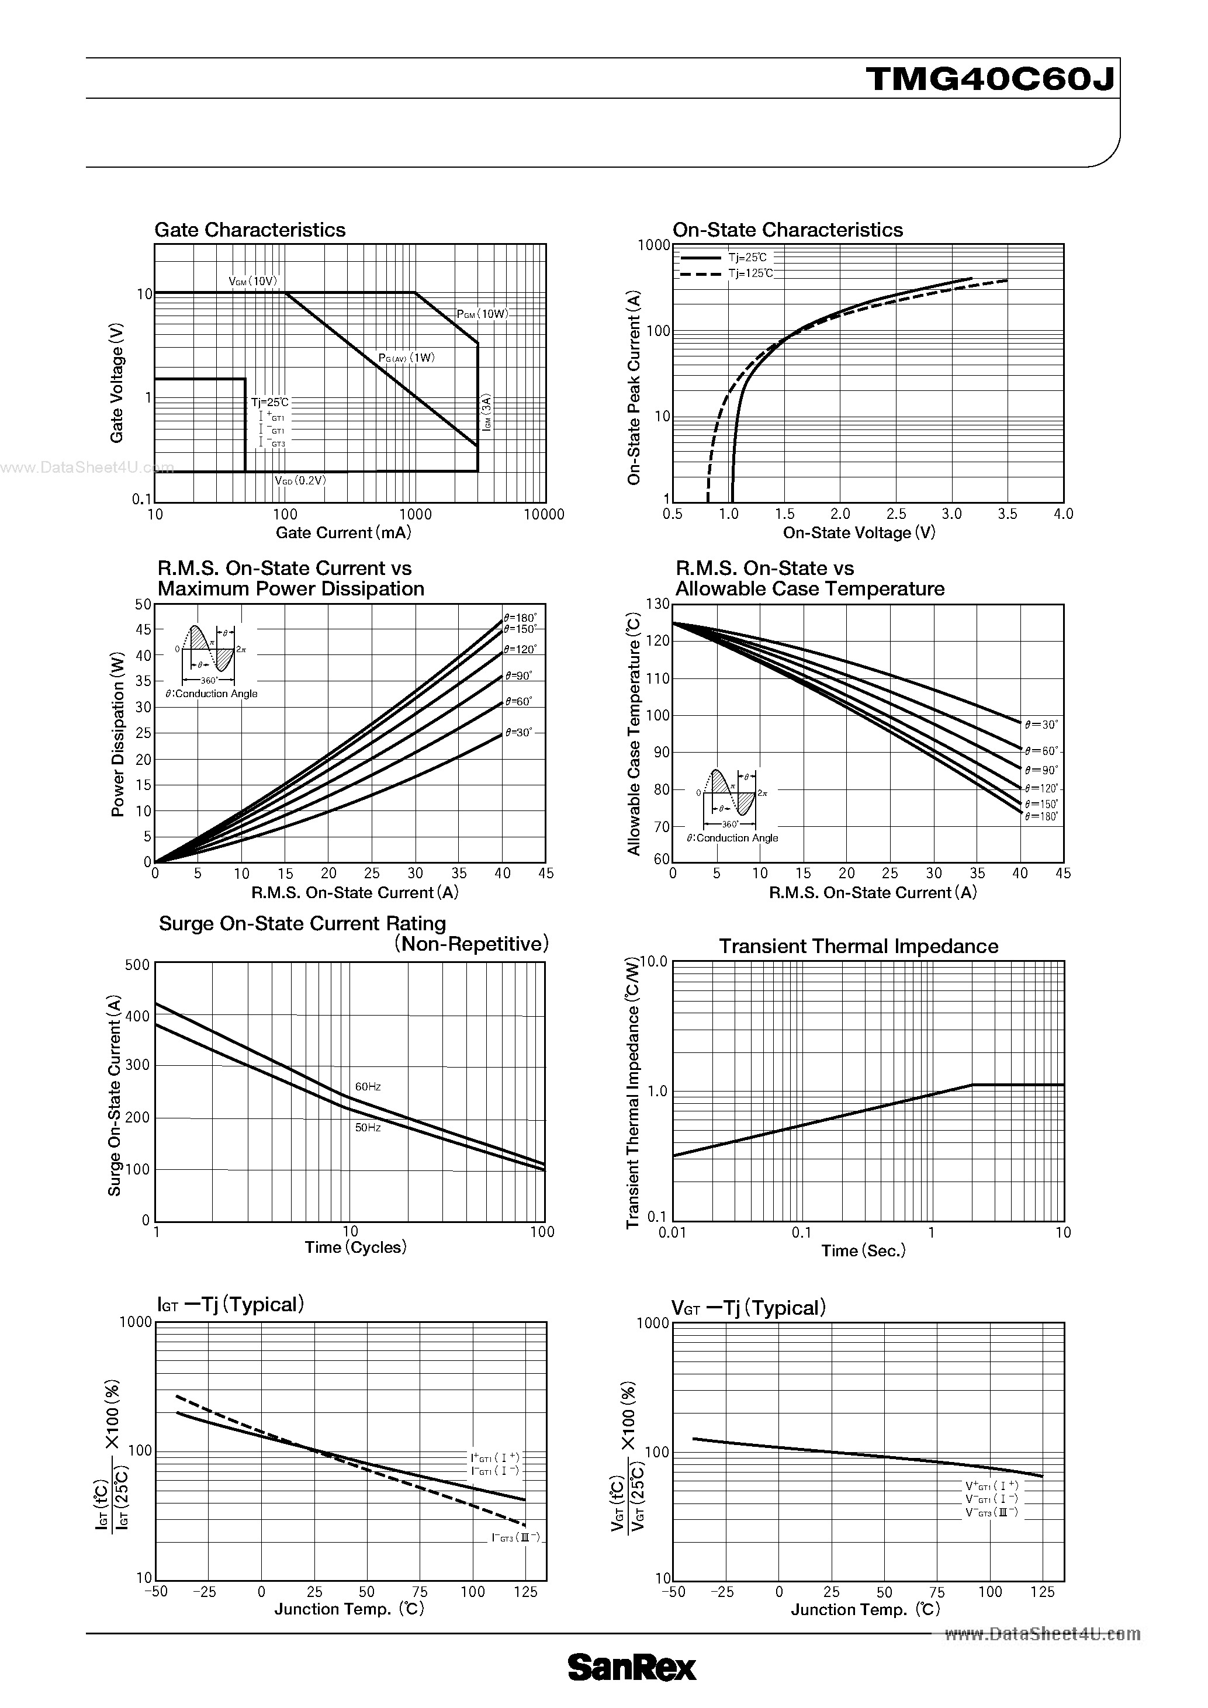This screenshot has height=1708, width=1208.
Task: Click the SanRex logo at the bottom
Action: point(632,1668)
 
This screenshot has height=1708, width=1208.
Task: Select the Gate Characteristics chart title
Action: point(250,230)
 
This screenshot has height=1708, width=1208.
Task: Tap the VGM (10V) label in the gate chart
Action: point(253,281)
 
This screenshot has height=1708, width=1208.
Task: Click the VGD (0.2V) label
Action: point(300,480)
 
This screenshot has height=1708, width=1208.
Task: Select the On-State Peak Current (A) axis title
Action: point(634,387)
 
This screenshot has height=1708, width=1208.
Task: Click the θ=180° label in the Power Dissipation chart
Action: point(520,618)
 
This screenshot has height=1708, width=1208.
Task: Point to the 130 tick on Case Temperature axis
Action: point(657,604)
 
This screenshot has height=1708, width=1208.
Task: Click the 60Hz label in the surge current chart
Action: point(368,1087)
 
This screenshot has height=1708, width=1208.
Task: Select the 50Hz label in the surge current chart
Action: point(368,1128)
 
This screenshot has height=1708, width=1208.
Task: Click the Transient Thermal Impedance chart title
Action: point(859,946)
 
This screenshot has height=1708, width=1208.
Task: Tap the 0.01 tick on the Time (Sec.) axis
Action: point(673,1232)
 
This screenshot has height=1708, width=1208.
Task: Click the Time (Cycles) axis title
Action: point(355,1248)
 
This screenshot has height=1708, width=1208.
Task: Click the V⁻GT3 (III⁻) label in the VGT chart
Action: point(992,1512)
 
